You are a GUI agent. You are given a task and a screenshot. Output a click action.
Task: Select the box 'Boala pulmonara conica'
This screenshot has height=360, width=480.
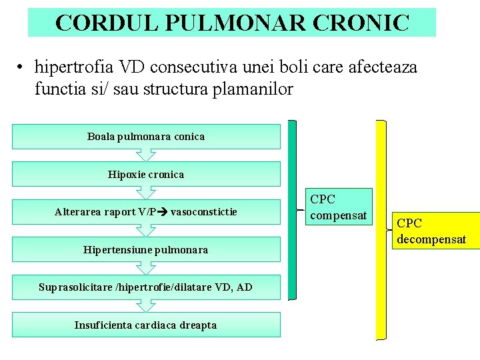[146, 137]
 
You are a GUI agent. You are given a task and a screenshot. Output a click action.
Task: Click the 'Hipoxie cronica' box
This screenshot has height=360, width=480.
[146, 175]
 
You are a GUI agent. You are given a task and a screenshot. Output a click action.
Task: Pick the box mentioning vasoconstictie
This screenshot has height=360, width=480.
[146, 212]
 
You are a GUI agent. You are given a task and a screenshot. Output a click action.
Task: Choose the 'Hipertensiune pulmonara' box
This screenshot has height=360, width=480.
[146, 250]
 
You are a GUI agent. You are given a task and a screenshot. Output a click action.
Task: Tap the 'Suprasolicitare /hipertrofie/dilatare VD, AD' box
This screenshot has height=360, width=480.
[146, 287]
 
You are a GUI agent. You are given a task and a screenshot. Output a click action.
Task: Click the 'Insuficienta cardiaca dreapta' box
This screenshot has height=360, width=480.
[146, 325]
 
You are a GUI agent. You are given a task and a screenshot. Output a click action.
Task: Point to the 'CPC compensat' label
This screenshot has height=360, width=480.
[339, 207]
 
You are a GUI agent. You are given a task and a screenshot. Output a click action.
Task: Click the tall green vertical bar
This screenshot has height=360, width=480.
[293, 209]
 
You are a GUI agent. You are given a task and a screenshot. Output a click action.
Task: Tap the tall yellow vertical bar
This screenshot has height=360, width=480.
[381, 229]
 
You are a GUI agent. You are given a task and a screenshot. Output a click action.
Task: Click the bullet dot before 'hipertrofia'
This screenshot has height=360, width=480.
[22, 68]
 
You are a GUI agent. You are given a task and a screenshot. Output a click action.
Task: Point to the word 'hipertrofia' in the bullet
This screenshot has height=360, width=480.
[75, 67]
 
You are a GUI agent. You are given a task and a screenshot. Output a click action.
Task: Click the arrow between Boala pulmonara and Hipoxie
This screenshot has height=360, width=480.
[146, 155]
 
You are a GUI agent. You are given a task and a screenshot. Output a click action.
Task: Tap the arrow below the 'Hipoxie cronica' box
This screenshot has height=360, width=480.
[146, 193]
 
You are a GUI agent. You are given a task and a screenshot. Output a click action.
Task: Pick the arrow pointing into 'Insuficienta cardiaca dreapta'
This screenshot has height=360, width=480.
[146, 307]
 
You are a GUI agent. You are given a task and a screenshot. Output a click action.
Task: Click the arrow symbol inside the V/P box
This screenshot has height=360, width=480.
[163, 212]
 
